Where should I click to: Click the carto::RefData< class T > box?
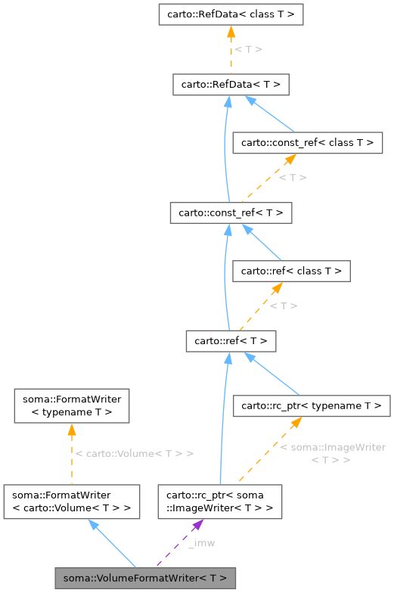pyautogui.click(x=231, y=14)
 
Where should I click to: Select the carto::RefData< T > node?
pyautogui.click(x=231, y=84)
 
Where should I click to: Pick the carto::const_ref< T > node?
pyautogui.click(x=231, y=213)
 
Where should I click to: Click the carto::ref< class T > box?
pyautogui.click(x=291, y=271)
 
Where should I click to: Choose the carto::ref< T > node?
pyautogui.click(x=231, y=341)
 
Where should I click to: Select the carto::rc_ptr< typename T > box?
pyautogui.click(x=311, y=406)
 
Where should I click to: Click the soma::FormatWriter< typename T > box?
pyautogui.click(x=71, y=405)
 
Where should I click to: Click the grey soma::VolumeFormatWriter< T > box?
pyautogui.click(x=145, y=578)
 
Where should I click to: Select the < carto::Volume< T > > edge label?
pyautogui.click(x=135, y=454)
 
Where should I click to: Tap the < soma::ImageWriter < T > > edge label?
pyautogui.click(x=332, y=454)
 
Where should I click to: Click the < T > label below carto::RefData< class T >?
pyautogui.click(x=248, y=49)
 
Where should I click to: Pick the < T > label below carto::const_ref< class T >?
pyautogui.click(x=292, y=178)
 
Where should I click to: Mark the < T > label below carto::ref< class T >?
pyautogui.click(x=283, y=306)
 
